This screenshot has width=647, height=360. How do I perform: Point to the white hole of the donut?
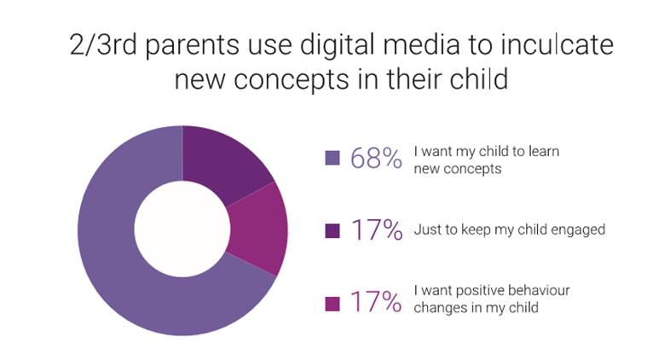pyautogui.click(x=182, y=229)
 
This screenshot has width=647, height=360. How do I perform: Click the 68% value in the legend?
pyautogui.click(x=376, y=158)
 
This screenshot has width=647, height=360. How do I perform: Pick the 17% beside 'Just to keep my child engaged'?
pyautogui.click(x=376, y=230)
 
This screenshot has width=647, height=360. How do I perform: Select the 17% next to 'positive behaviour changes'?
pyautogui.click(x=376, y=302)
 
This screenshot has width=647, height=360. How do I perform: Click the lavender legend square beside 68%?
pyautogui.click(x=332, y=158)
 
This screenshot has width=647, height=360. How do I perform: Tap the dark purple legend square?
pyautogui.click(x=332, y=231)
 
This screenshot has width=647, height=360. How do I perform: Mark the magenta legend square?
pyautogui.click(x=332, y=304)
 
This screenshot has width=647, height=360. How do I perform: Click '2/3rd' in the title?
pyautogui.click(x=103, y=44)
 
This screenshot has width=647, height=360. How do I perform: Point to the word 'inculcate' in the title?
pyautogui.click(x=557, y=44)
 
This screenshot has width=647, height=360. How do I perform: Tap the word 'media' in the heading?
pyautogui.click(x=422, y=44)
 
